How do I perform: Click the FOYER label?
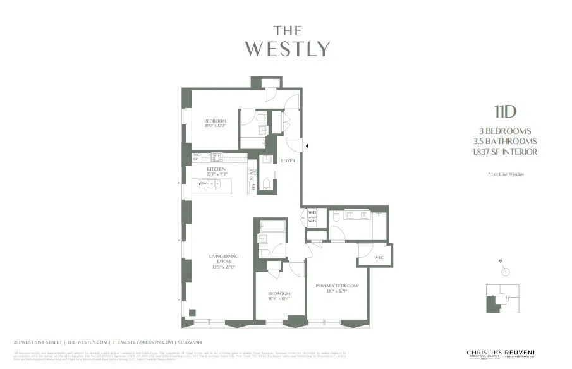pyautogui.click(x=288, y=161)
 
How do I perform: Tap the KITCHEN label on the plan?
pyautogui.click(x=216, y=169)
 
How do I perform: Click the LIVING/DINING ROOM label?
pyautogui.click(x=222, y=258)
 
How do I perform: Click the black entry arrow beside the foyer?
pyautogui.click(x=307, y=146)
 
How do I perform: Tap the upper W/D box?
pyautogui.click(x=312, y=213)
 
